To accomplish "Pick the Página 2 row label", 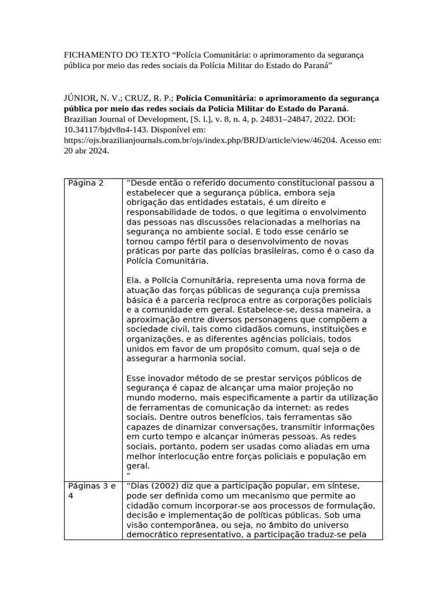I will click(86, 183).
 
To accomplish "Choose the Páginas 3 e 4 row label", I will click(92, 491).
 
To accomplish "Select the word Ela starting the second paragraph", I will click(133, 280).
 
